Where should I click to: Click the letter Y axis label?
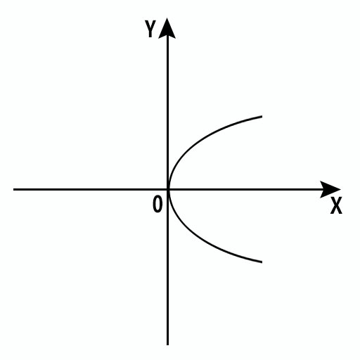click(150, 29)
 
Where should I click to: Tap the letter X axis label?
click(336, 205)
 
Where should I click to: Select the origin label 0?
click(157, 204)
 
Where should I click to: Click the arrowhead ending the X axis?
click(330, 189)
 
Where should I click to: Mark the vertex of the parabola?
click(169, 189)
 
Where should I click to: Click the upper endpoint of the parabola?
click(262, 116)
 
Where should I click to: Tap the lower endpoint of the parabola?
click(262, 262)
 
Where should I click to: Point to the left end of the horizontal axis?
click(13, 189)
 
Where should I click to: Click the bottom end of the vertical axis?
click(167, 345)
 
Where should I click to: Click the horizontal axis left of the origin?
click(90, 189)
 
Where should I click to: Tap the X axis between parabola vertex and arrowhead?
click(245, 189)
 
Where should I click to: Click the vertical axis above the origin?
click(167, 112)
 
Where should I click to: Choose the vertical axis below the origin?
click(167, 267)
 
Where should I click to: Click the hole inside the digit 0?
click(157, 205)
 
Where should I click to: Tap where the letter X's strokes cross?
click(336, 205)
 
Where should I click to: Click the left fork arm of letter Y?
click(148, 25)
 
